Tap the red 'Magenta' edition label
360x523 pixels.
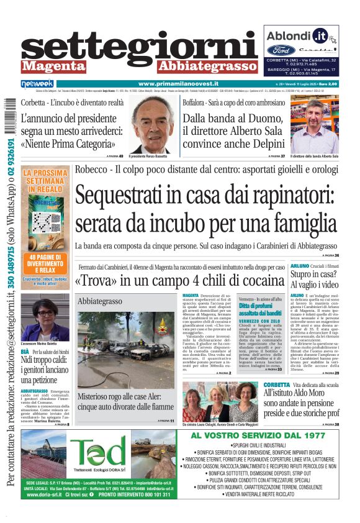[x=52, y=66]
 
